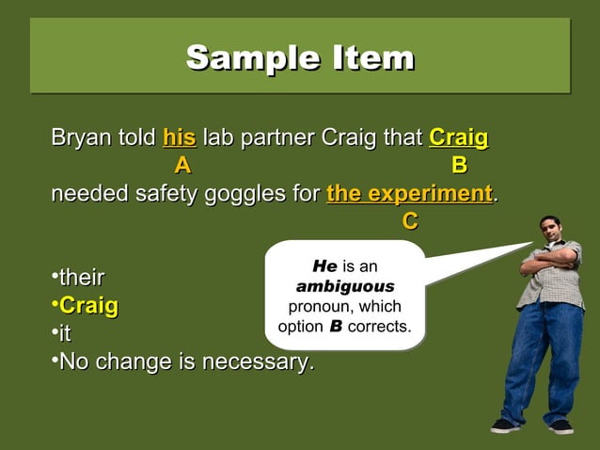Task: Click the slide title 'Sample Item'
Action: [x=300, y=57]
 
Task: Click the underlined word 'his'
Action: [x=179, y=139]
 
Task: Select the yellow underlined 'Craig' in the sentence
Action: [x=458, y=139]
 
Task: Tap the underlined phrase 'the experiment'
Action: [x=409, y=194]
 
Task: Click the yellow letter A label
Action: [x=182, y=167]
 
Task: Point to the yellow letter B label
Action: [x=458, y=167]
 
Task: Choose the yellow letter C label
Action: [x=409, y=221]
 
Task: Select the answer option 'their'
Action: [x=81, y=278]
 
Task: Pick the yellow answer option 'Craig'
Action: [x=88, y=306]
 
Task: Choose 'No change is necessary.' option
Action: [x=186, y=362]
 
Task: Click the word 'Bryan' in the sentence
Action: [x=78, y=139]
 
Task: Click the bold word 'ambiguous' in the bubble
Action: [x=345, y=286]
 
